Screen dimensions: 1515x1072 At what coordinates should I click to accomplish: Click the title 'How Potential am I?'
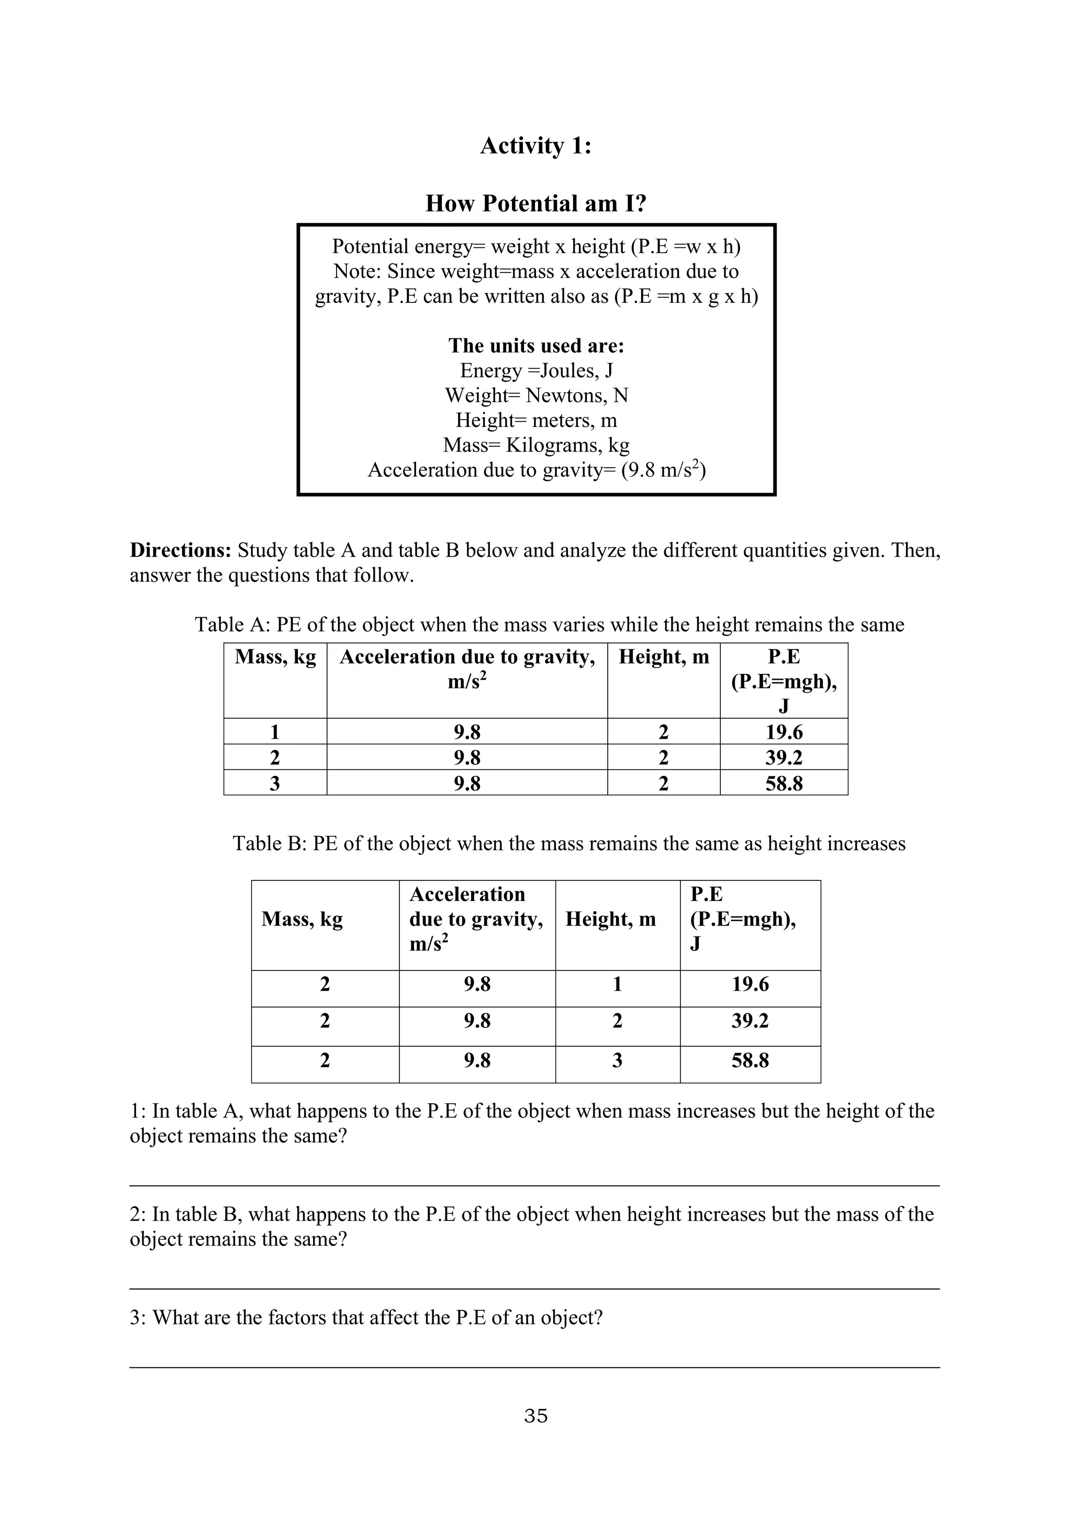click(535, 203)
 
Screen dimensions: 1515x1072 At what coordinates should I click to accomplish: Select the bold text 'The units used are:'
click(536, 346)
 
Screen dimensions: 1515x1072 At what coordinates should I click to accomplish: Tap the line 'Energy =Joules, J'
click(536, 371)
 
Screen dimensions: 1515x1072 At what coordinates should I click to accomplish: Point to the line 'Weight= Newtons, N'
click(536, 395)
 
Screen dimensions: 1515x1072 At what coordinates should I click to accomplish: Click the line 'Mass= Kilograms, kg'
click(536, 445)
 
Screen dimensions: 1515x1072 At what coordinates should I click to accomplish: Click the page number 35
click(535, 1416)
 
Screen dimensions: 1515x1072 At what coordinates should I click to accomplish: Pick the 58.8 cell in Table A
click(784, 784)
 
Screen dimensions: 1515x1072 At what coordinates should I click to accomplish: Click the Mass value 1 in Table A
click(275, 732)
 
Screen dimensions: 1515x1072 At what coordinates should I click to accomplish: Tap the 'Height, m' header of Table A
click(663, 657)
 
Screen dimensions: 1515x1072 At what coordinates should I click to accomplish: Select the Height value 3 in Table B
click(617, 1060)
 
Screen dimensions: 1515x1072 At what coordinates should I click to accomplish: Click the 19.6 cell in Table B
click(750, 985)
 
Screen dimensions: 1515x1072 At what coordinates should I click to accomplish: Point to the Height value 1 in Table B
click(617, 985)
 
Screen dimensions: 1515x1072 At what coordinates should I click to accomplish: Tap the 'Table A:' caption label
click(232, 625)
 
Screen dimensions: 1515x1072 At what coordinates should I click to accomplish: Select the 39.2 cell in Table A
click(784, 757)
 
